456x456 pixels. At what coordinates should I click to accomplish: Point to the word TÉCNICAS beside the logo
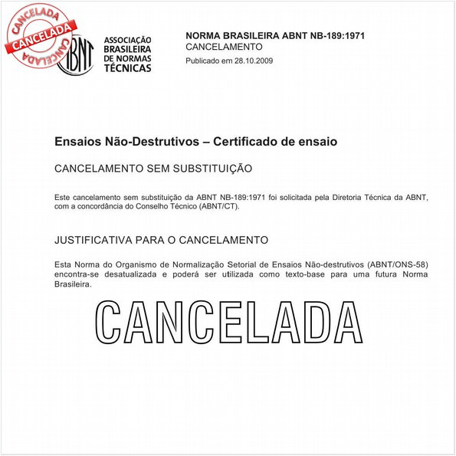pos(127,68)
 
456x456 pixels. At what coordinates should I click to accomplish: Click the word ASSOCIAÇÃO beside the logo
pos(127,40)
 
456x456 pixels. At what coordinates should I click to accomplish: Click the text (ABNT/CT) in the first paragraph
pos(217,206)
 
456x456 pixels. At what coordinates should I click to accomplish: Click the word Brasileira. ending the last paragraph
pos(74,284)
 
